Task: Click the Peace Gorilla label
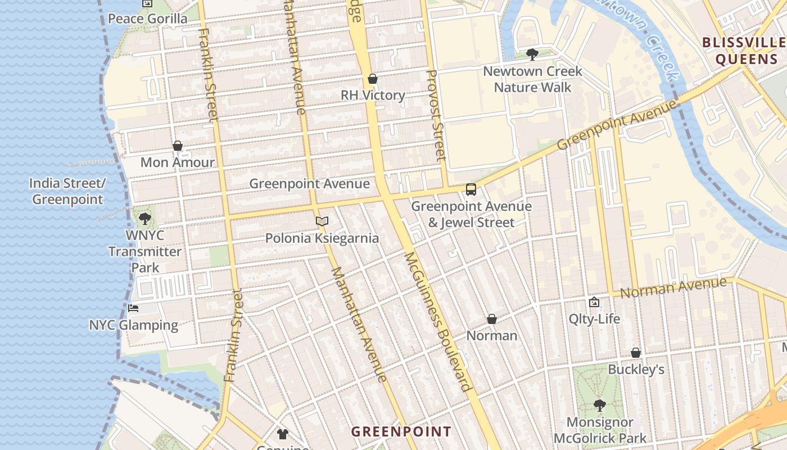(x=147, y=19)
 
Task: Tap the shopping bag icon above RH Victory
(x=372, y=79)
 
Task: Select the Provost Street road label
(x=436, y=115)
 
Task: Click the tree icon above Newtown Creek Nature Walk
(x=532, y=55)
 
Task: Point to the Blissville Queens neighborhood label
(x=744, y=51)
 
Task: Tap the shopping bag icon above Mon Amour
(x=178, y=146)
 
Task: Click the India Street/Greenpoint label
(x=67, y=191)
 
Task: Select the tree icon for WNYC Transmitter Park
(x=145, y=218)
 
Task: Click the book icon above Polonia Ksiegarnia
(x=322, y=222)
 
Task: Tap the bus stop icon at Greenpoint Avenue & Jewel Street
(x=471, y=190)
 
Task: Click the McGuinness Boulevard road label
(x=437, y=321)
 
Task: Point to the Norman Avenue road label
(x=673, y=288)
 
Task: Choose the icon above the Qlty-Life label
(x=594, y=303)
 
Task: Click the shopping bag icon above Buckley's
(x=636, y=353)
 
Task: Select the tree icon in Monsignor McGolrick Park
(x=600, y=405)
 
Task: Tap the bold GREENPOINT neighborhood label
(x=401, y=431)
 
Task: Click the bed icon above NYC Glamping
(x=133, y=308)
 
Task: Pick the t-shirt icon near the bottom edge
(x=282, y=434)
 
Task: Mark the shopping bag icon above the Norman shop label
(x=492, y=319)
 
